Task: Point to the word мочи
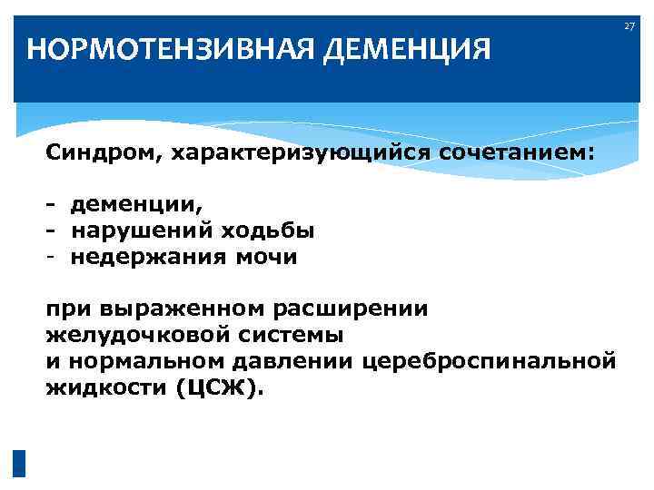[x=266, y=257]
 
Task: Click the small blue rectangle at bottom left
[x=19, y=464]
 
